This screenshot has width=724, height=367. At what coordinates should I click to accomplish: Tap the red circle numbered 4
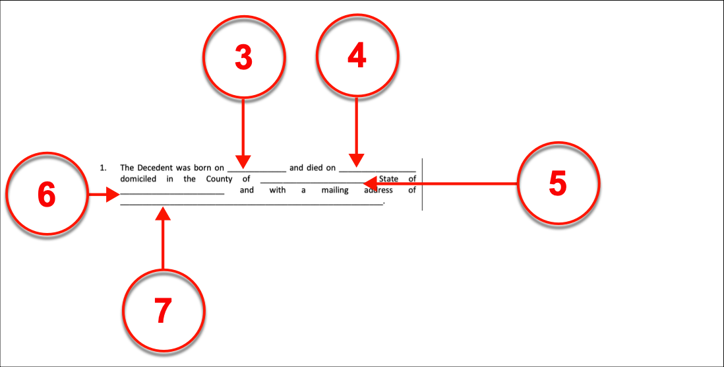pyautogui.click(x=357, y=57)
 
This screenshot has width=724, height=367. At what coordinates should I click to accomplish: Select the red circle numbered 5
pyautogui.click(x=557, y=183)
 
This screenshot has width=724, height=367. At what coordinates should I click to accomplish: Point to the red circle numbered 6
pyautogui.click(x=46, y=195)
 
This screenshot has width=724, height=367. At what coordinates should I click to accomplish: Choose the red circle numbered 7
pyautogui.click(x=163, y=309)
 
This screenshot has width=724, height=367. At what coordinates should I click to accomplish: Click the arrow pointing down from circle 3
pyautogui.click(x=243, y=132)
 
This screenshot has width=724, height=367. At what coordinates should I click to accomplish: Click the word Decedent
pyautogui.click(x=155, y=168)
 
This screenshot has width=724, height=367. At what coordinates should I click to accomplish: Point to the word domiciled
pyautogui.click(x=139, y=179)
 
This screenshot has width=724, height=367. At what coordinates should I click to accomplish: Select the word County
pyautogui.click(x=219, y=179)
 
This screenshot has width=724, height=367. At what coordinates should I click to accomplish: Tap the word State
pyautogui.click(x=389, y=179)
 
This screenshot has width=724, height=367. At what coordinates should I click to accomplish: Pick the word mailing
pyautogui.click(x=334, y=190)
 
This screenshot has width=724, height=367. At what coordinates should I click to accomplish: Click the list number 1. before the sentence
pyautogui.click(x=103, y=168)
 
